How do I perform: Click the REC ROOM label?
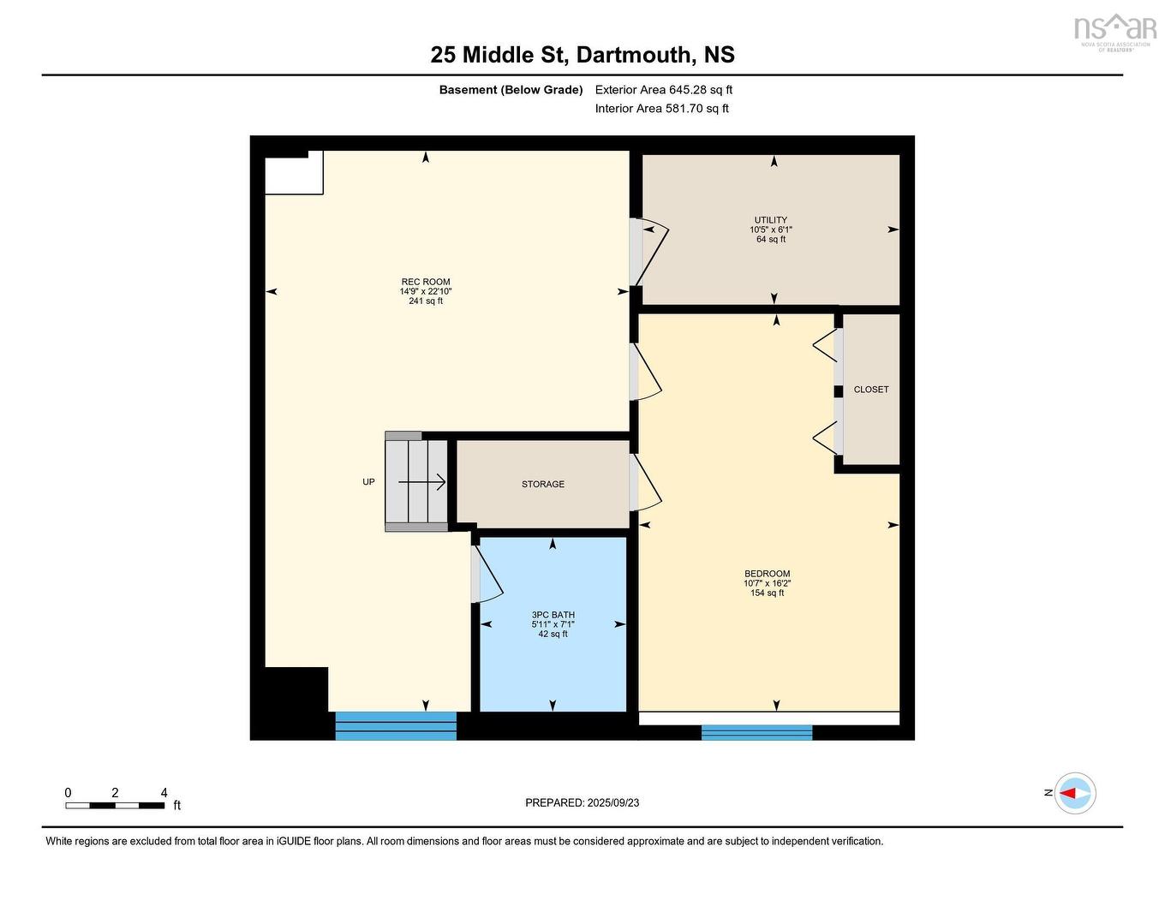point(426,283)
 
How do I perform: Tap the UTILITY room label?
point(770,221)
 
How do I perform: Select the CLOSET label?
point(870,390)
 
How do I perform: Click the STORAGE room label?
point(543,485)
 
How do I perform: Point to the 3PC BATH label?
point(553,615)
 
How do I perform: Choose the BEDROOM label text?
point(767,574)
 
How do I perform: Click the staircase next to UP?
point(416,482)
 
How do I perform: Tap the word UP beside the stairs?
point(368,482)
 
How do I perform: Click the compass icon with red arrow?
point(1075,793)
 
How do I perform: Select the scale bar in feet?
point(115,805)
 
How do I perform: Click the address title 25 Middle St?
point(582,55)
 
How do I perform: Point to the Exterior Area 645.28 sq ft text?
point(664,90)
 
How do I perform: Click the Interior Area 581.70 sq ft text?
point(662,109)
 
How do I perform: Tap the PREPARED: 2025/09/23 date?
point(582,803)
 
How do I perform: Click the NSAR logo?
point(1114,31)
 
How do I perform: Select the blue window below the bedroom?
point(756,732)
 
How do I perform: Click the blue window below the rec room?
point(395,725)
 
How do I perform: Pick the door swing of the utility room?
point(650,253)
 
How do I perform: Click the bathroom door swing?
point(487,574)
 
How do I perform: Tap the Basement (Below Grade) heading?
point(511,90)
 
